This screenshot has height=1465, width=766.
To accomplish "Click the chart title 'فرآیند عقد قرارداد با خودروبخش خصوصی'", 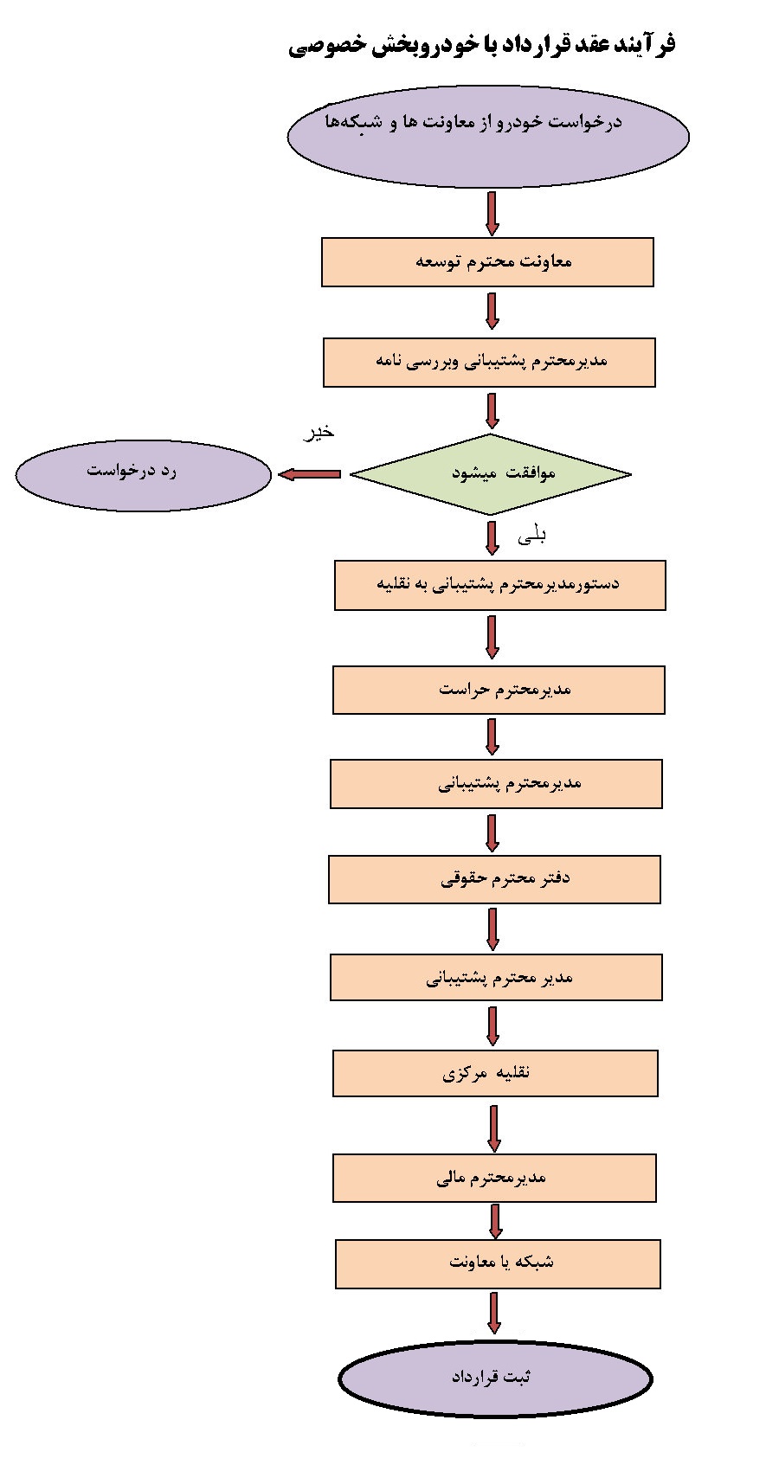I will point(481,45).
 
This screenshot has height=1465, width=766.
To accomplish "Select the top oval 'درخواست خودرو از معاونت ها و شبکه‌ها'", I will point(488,136).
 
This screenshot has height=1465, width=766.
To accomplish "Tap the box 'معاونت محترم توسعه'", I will point(487,262).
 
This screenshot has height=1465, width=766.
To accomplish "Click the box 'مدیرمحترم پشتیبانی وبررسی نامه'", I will point(489,362).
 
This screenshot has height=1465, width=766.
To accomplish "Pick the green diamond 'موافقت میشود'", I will point(490,473).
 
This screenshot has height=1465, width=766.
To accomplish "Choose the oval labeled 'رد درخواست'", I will point(144,474).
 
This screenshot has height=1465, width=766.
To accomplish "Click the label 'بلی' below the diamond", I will point(531,537).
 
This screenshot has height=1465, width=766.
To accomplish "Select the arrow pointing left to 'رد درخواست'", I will point(310,474).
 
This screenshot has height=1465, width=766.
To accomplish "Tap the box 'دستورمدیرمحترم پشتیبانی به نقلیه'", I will point(499,585).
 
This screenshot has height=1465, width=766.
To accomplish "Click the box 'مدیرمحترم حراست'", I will point(499,690).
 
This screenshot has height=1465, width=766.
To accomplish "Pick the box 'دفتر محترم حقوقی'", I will point(494,879).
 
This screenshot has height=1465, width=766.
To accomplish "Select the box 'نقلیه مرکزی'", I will point(495,1073).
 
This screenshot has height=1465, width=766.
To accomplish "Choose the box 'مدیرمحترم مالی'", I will point(494,1178).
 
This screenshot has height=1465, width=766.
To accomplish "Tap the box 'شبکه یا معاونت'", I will point(498,1263).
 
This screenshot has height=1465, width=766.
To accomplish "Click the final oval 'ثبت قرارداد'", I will point(494,1378).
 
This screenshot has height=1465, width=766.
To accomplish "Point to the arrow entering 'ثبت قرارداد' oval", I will point(494,1313).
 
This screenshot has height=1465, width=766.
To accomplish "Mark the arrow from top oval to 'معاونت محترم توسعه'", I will point(492,213).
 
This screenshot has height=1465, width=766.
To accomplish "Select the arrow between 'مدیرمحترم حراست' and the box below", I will point(492,736).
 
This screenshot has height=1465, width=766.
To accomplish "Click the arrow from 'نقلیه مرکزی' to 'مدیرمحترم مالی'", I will point(494,1128).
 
